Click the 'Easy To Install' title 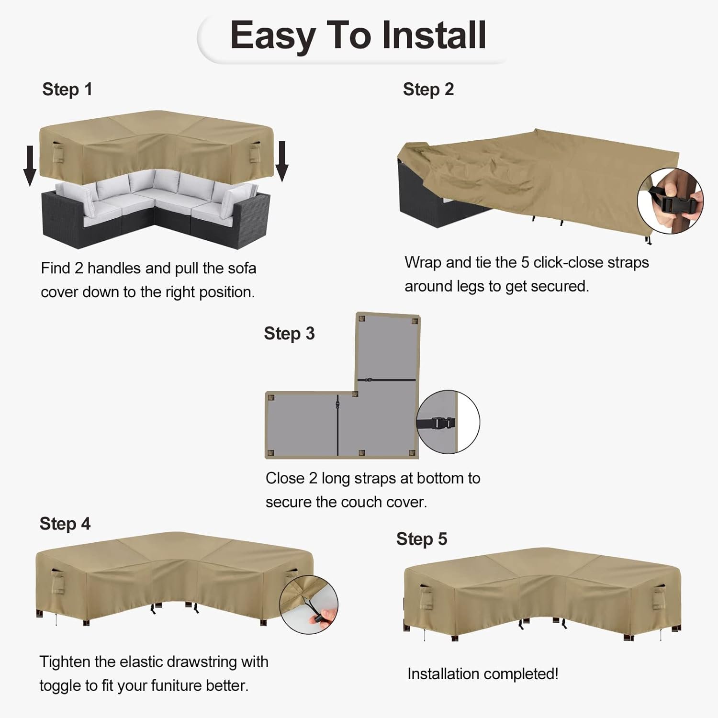coord(358,36)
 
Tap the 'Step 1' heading coord(67,90)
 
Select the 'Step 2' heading coord(428,90)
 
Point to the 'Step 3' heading coord(289,334)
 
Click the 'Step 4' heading coord(65,524)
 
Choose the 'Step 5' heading coord(422,539)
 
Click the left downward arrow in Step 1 coord(30,166)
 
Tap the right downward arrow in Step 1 coord(282,161)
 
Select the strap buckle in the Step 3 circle coord(443,424)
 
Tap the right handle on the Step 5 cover coord(658,596)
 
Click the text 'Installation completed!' coord(483,674)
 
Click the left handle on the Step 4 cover coord(57,581)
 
